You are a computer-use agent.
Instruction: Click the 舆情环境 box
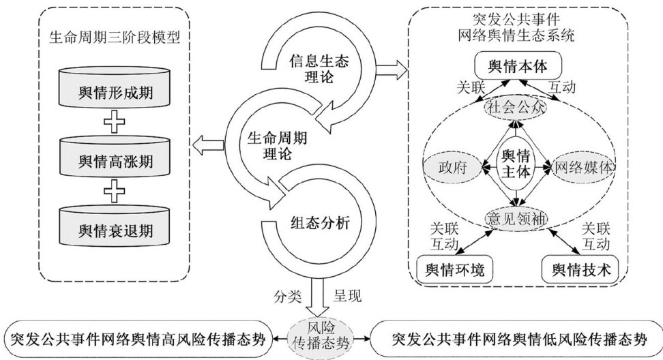[x=454, y=270]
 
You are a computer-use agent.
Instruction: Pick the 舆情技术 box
[x=578, y=270]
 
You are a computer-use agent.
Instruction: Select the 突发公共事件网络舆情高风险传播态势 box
[x=136, y=337]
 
